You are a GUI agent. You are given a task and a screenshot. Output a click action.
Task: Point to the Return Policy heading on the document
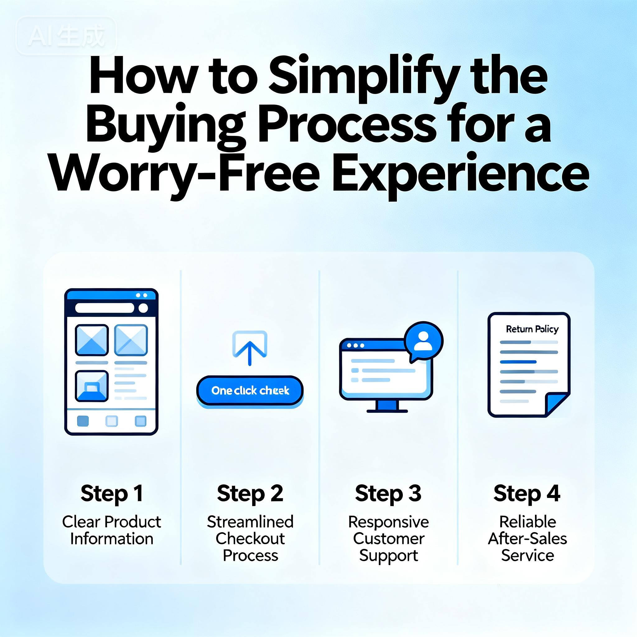click(x=532, y=329)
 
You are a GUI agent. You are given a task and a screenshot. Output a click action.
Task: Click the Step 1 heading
click(x=112, y=493)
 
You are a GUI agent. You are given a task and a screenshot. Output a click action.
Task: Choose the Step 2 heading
click(x=250, y=493)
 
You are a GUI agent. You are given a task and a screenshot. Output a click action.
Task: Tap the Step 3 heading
click(x=388, y=493)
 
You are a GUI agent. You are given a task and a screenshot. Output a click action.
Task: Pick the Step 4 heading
click(x=527, y=493)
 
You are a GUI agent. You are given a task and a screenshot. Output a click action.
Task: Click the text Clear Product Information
click(x=112, y=530)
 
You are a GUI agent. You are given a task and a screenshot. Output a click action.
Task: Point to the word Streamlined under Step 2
click(x=250, y=522)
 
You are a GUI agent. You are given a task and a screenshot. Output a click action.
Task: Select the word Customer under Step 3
click(x=388, y=538)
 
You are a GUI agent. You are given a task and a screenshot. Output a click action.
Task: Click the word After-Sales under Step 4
click(x=527, y=538)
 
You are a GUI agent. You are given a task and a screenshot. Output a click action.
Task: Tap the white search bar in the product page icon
click(x=105, y=308)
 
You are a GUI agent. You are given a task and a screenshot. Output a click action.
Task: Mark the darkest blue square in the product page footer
click(x=83, y=421)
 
